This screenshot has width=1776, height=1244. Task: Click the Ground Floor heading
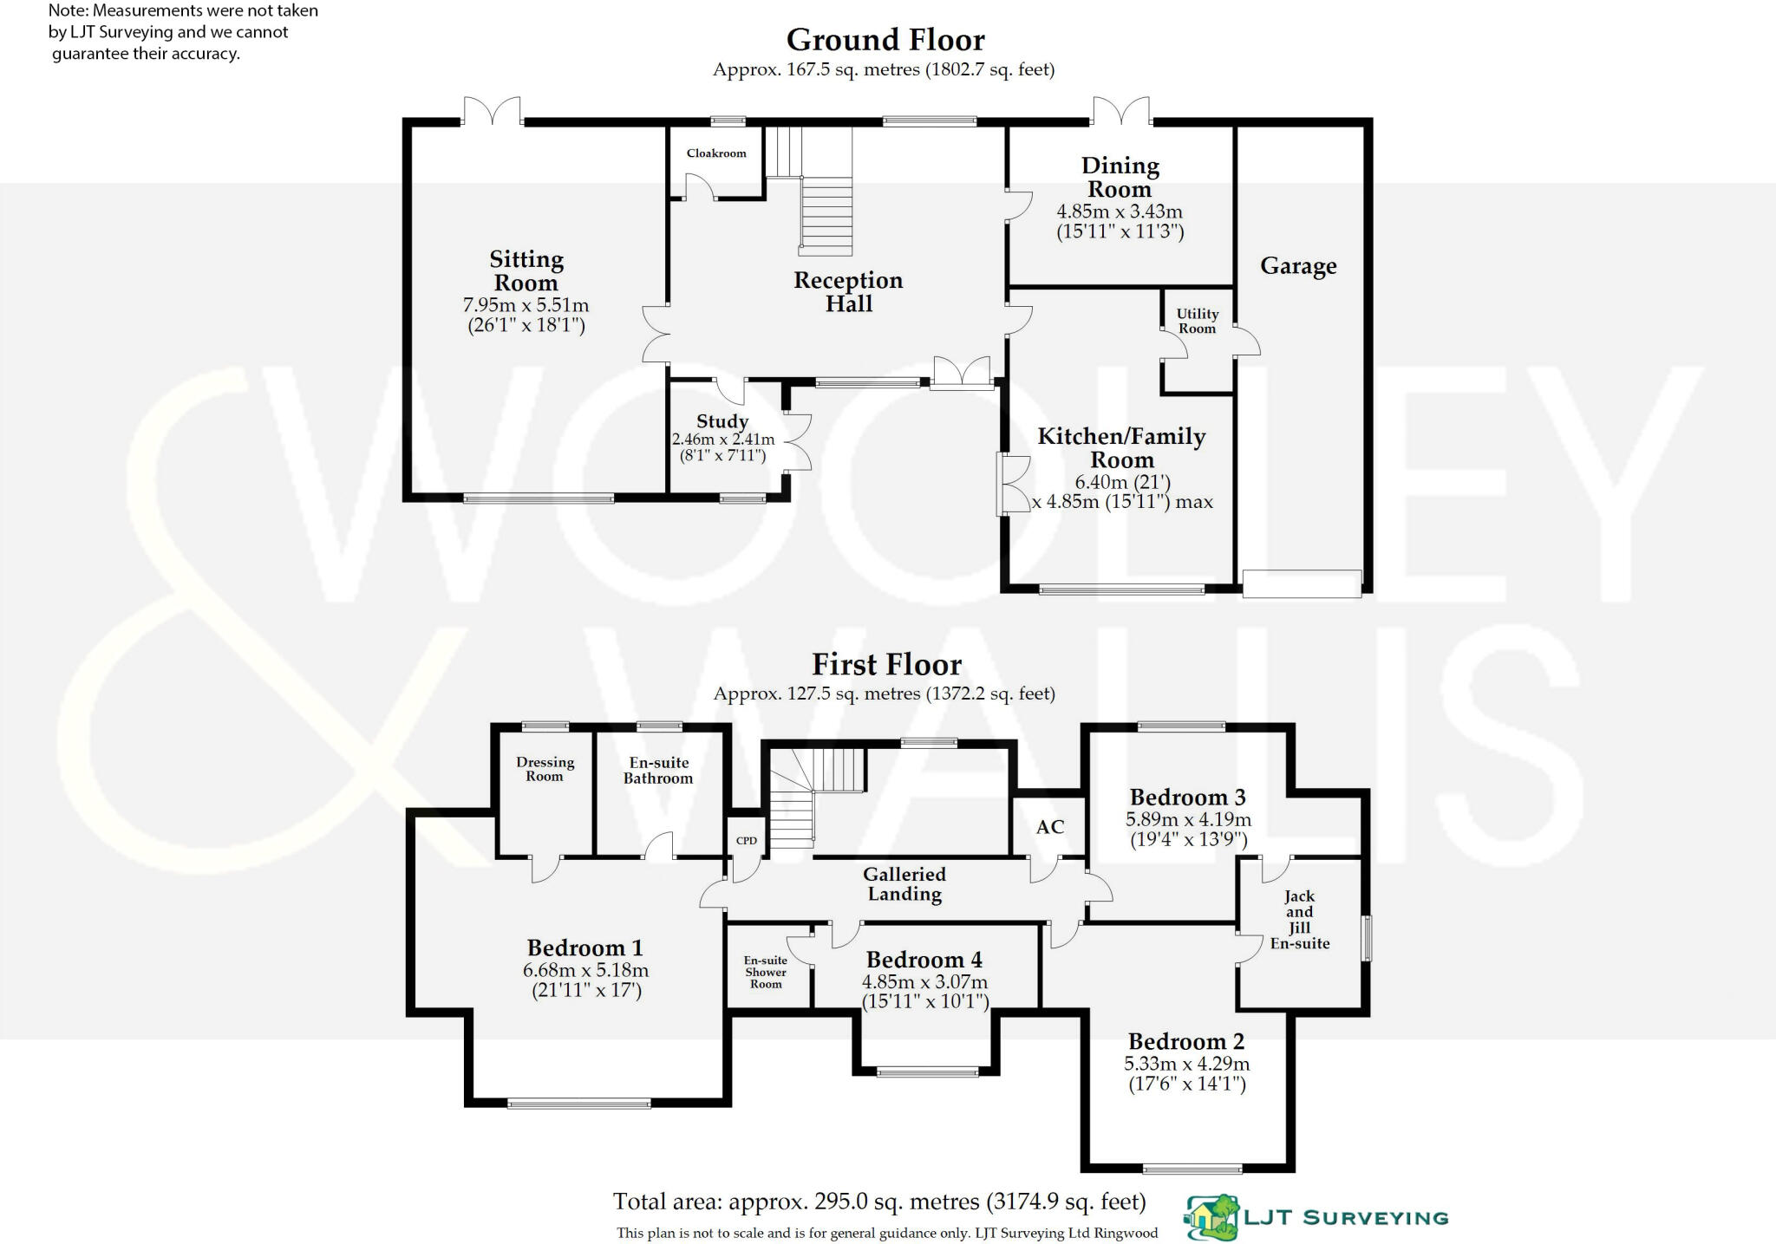[885, 40]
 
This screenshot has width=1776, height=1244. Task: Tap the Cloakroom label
[716, 153]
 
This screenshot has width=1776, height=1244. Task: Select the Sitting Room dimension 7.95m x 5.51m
[526, 305]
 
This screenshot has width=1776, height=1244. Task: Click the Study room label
[721, 421]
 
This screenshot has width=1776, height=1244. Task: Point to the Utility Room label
[1197, 321]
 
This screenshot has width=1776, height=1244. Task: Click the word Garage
[1297, 266]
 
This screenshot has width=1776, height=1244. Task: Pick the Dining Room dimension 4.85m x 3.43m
[1119, 212]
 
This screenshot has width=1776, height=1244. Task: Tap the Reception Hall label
[848, 292]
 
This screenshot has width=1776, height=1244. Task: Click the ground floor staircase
[826, 212]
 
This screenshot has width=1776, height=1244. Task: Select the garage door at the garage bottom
[1302, 583]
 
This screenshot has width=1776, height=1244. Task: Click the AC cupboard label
[1049, 827]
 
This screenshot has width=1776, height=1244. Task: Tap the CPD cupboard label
[746, 841]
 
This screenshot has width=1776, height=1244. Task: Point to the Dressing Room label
[545, 769]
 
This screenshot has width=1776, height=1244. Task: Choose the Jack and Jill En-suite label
[1299, 920]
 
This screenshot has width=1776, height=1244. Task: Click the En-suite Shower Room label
[766, 972]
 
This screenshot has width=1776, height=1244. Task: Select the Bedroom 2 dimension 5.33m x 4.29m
[1186, 1064]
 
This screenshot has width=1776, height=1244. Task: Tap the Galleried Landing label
[904, 884]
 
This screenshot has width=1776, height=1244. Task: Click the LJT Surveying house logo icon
[1212, 1217]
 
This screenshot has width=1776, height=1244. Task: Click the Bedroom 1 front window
[578, 1104]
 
